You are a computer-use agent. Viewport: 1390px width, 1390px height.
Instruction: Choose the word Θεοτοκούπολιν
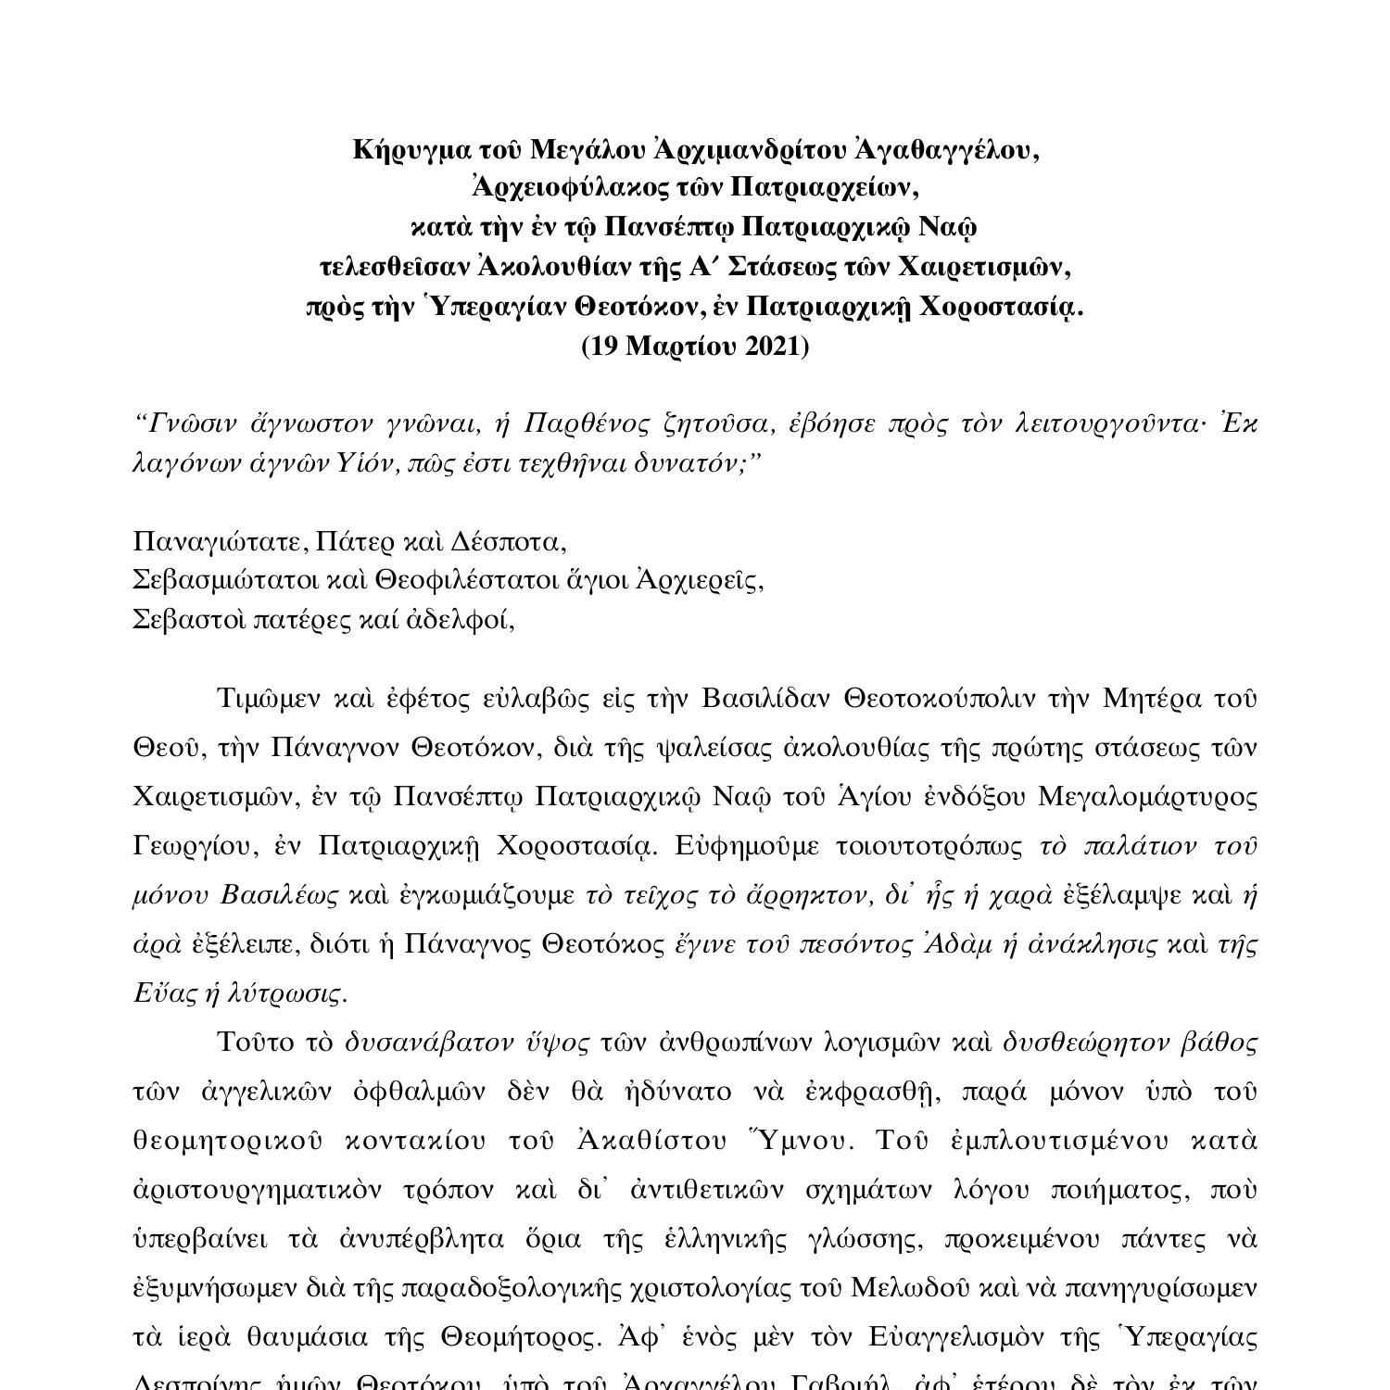tap(939, 699)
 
